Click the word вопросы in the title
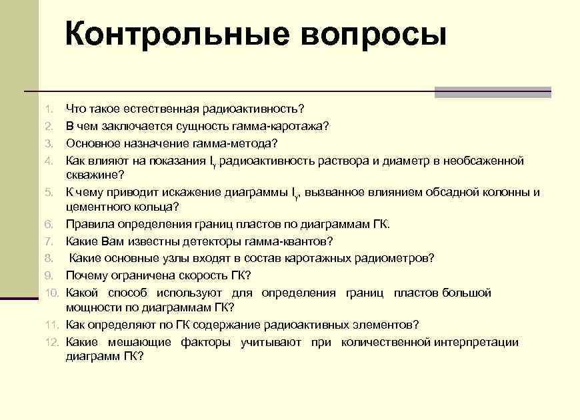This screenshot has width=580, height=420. pyautogui.click(x=373, y=35)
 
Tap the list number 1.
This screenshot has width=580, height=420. pyautogui.click(x=49, y=109)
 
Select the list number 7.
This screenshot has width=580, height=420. pyautogui.click(x=49, y=241)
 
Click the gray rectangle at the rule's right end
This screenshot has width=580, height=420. pyautogui.click(x=493, y=92)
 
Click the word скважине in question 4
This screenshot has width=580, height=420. pyautogui.click(x=93, y=175)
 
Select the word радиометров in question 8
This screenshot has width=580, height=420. pyautogui.click(x=399, y=258)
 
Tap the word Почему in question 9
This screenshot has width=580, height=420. pyautogui.click(x=85, y=275)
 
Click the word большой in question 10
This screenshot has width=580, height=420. pyautogui.click(x=470, y=293)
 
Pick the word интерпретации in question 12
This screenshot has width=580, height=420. pyautogui.click(x=476, y=343)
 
